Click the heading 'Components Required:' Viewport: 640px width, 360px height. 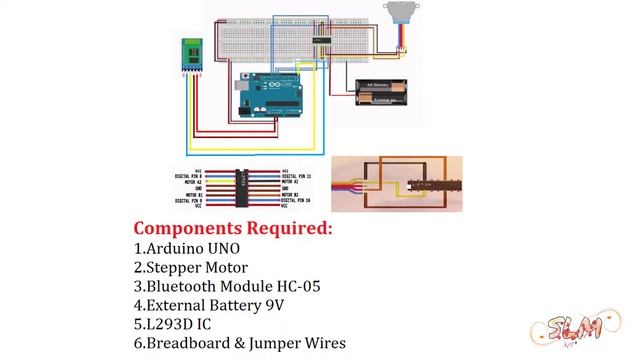pyautogui.click(x=233, y=228)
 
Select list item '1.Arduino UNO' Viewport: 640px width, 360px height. pyautogui.click(x=187, y=248)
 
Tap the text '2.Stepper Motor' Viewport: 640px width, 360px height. pyautogui.click(x=190, y=267)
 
